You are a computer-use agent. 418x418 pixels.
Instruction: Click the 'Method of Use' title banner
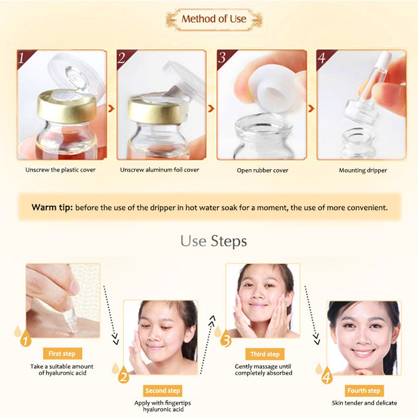click(x=214, y=19)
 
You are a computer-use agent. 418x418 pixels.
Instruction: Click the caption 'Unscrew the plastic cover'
click(x=61, y=170)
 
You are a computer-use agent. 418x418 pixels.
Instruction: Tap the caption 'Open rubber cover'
click(x=262, y=170)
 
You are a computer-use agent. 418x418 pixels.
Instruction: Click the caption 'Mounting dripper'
click(x=363, y=170)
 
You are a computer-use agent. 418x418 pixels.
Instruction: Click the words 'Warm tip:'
click(x=51, y=207)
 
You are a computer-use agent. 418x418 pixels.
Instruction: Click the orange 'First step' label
click(x=62, y=354)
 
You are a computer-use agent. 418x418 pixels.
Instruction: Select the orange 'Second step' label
click(x=162, y=390)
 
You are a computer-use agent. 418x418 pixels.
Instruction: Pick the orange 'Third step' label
click(x=265, y=354)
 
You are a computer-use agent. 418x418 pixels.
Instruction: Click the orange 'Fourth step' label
click(x=364, y=390)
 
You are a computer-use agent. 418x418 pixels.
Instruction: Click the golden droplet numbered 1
click(x=24, y=340)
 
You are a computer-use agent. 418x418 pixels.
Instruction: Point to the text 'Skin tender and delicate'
click(x=364, y=403)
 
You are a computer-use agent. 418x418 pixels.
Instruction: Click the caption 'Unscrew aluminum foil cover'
click(x=159, y=170)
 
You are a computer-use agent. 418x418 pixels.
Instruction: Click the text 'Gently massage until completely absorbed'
click(x=264, y=369)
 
